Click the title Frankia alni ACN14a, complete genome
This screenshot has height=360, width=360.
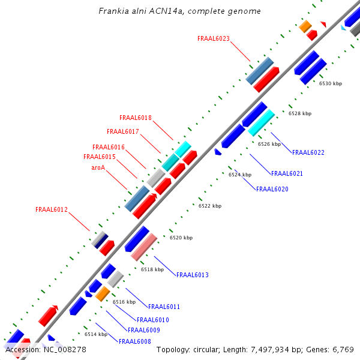pyautogui.click(x=179, y=11)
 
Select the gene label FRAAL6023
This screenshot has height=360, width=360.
pyautogui.click(x=214, y=38)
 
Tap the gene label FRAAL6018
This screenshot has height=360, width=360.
pyautogui.click(x=136, y=118)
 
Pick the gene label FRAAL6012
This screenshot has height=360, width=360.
pyautogui.click(x=52, y=210)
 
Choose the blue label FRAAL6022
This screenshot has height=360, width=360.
pyautogui.click(x=308, y=152)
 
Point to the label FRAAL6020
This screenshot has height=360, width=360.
pyautogui.click(x=272, y=189)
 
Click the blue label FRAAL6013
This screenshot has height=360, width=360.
pyautogui.click(x=193, y=275)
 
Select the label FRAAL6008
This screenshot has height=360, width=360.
pyautogui.click(x=135, y=341)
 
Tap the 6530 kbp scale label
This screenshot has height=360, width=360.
pyautogui.click(x=331, y=84)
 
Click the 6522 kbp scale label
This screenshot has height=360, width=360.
pyautogui.click(x=210, y=206)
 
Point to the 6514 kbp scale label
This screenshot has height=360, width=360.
pyautogui.click(x=96, y=334)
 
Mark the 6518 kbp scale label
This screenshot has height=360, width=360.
pyautogui.click(x=152, y=270)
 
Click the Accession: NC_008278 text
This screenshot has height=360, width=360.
pyautogui.click(x=46, y=349)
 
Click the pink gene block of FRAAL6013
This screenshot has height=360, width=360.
pyautogui.click(x=144, y=247)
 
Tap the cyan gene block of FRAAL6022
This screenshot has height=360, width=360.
pyautogui.click(x=261, y=122)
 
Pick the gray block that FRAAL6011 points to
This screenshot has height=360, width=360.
pyautogui.click(x=115, y=279)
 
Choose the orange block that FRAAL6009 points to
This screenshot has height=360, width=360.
pyautogui.click(x=103, y=293)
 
